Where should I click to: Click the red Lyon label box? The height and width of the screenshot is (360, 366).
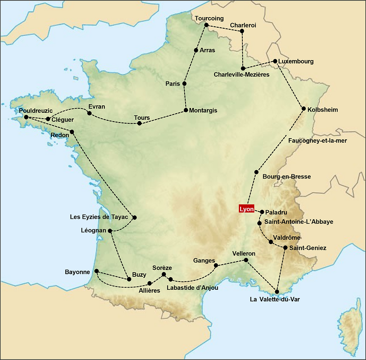click(247, 209)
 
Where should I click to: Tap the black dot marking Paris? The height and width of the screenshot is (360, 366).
click(184, 84)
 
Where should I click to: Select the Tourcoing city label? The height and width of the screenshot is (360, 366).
click(210, 18)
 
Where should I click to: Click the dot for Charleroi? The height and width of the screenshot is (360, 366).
click(242, 31)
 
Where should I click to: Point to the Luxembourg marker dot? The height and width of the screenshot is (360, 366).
click(275, 61)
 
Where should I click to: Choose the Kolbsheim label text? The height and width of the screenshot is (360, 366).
click(323, 110)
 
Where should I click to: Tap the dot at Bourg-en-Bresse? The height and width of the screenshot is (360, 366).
click(256, 172)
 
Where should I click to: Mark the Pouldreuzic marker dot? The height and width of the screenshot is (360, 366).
click(26, 117)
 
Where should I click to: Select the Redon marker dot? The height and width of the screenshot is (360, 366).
click(72, 132)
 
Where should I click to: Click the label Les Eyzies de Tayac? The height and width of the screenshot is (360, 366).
click(99, 217)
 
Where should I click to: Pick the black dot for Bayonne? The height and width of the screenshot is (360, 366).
click(96, 271)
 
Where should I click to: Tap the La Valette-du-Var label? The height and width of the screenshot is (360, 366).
click(275, 299)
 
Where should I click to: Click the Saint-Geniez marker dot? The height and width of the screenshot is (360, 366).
click(285, 248)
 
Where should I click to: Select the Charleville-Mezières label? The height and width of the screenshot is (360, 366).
click(241, 75)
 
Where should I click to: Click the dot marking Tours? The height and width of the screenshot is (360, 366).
click(139, 123)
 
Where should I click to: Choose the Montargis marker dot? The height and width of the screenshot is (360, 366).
click(186, 110)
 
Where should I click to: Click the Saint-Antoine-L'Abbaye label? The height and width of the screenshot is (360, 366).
click(299, 222)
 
